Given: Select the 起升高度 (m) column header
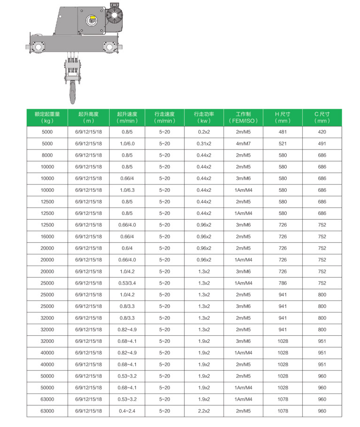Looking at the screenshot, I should pos(88,118).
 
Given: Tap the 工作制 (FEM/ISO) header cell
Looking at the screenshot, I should pos(243,118).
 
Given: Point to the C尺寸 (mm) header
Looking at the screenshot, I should pos(321,118).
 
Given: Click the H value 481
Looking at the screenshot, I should pos(282,132).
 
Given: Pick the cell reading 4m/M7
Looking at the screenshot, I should pos(243,143).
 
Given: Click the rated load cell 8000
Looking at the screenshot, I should pos(48,155).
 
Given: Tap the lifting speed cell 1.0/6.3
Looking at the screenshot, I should pos(127,190).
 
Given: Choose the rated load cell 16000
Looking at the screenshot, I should pos(48,237).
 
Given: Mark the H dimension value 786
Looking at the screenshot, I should pos(282,283).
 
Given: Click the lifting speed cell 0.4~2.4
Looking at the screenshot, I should pos(127,411).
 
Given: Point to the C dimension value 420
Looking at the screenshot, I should pos(321,132).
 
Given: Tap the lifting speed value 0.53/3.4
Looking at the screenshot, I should pos(127,283).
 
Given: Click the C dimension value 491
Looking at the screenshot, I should pos(321,143).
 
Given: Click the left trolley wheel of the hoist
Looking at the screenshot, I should pos(37,47).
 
